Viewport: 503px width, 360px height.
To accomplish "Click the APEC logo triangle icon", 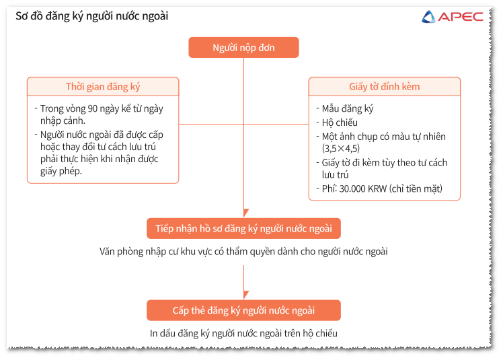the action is pos(428,17).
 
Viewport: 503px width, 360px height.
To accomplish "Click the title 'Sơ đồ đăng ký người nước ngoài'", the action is pos(92,16).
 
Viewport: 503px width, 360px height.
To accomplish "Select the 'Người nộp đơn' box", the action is pos(244,48).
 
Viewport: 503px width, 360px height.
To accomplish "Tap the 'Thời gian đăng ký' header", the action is pos(103,87).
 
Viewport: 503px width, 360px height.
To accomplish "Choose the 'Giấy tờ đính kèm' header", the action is pos(384,87).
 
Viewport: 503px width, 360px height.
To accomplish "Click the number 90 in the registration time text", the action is pos(92,109).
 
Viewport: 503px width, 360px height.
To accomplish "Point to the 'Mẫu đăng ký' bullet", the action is pos(348,109).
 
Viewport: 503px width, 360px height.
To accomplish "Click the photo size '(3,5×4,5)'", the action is pos(341,148).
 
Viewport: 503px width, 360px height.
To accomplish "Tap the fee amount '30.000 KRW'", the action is pos(363,188).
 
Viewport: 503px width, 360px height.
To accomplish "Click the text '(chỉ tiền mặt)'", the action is pos(416,188).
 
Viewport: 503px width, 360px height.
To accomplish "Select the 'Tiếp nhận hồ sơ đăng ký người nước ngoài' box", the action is pos(244,229).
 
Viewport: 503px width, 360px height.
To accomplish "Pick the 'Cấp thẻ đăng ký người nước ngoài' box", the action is pos(244,311).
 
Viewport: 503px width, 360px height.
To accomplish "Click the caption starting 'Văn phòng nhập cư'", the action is pos(243,252).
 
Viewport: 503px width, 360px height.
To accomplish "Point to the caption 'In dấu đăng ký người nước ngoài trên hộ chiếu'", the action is pos(243,333).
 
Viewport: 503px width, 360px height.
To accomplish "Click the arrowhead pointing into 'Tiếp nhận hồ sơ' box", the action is pos(246,213).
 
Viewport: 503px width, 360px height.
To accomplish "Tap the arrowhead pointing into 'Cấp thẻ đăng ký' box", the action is pos(246,295).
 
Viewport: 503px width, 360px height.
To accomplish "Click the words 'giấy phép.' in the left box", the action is pos(61,171).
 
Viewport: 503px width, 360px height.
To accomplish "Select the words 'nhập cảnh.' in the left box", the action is pos(63,121).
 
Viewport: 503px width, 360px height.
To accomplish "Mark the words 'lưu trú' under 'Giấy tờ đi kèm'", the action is pos(335,175).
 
